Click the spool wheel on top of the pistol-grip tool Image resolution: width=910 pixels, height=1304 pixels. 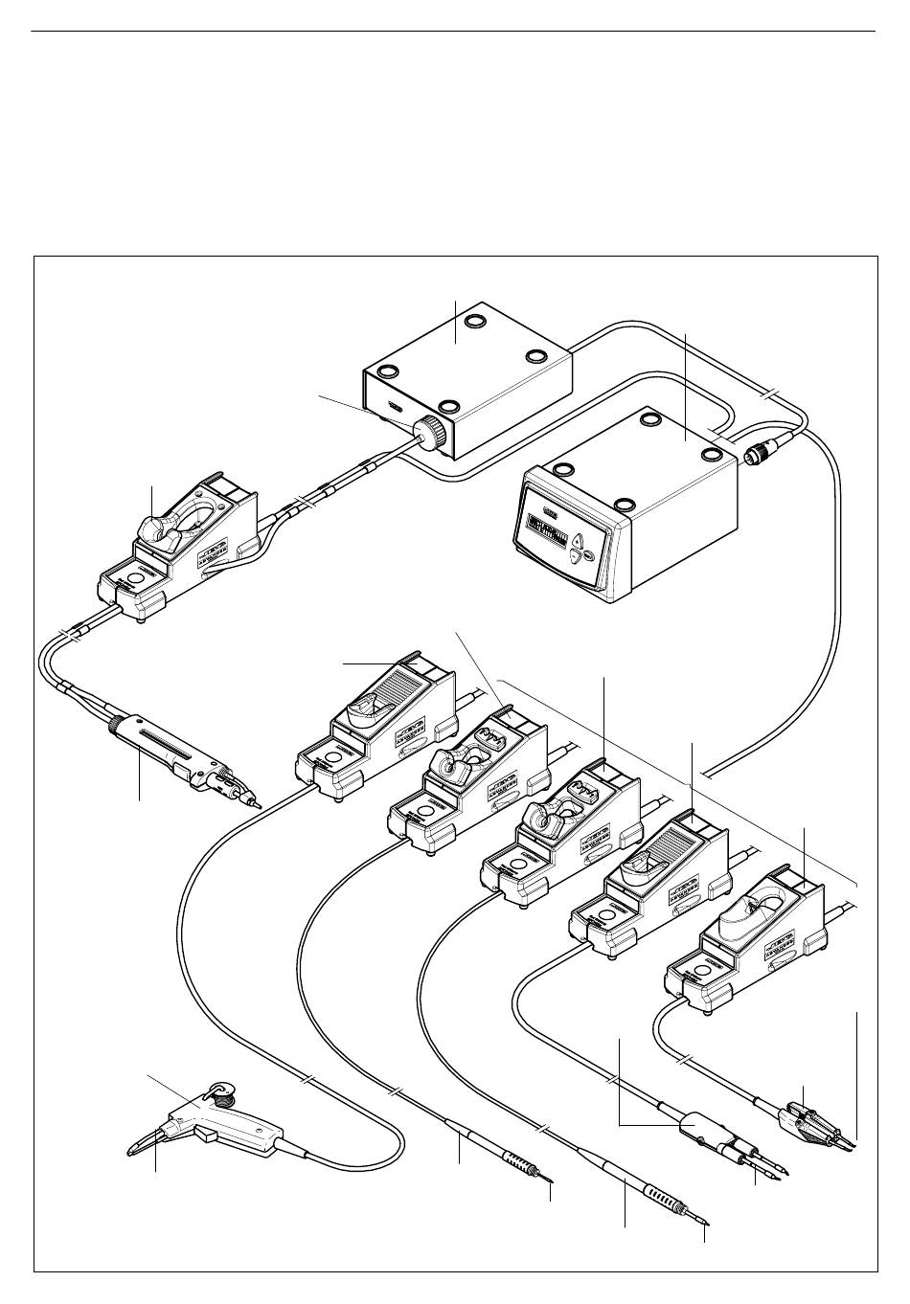pos(221,1090)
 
